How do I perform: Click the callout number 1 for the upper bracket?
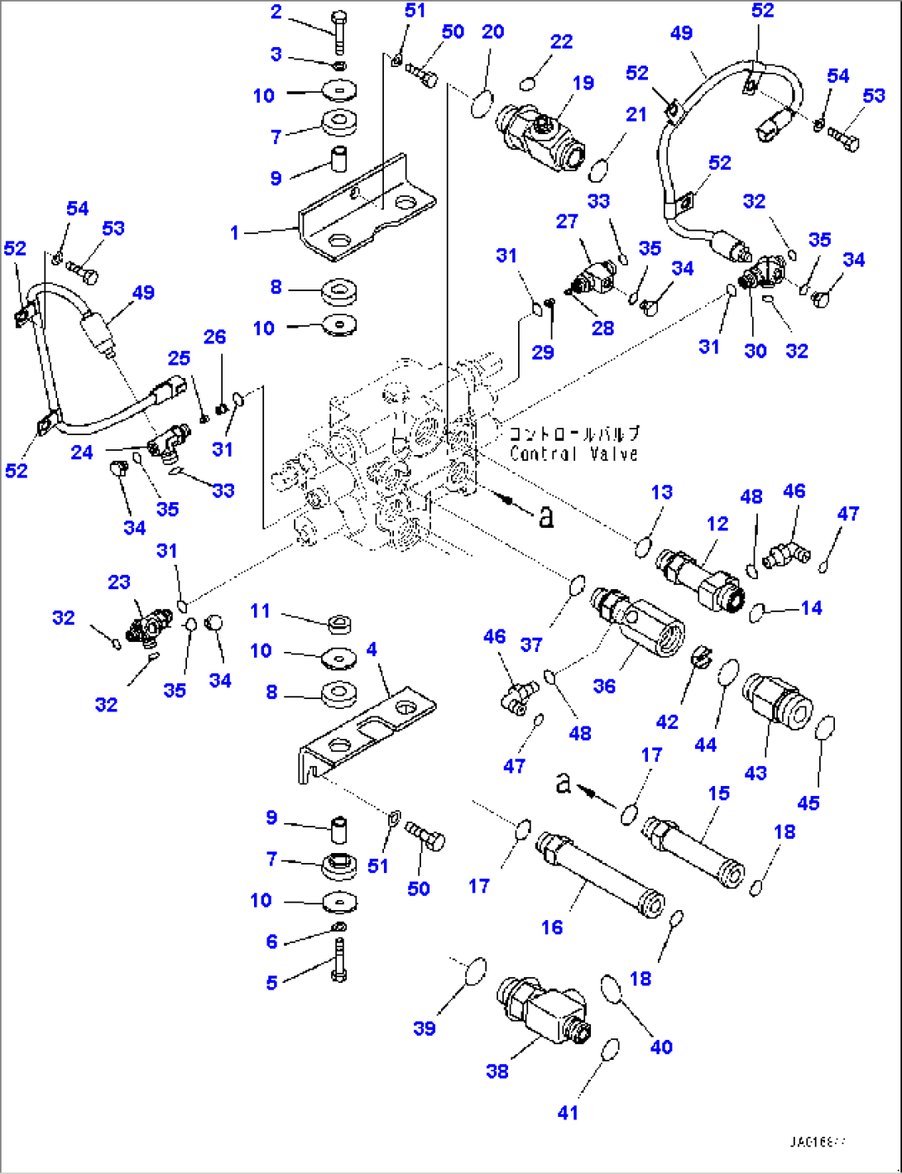coord(234,233)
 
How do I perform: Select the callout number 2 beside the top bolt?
coord(276,12)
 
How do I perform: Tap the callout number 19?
coord(583,83)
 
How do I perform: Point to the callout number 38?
coord(497,1071)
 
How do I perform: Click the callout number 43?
coord(756,773)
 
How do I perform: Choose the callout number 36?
coord(604,686)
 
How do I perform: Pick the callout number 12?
coord(717,524)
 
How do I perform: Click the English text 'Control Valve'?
coord(573,453)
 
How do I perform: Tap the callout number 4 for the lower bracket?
coord(372,649)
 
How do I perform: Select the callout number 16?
coord(552,927)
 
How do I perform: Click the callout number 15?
coord(718,793)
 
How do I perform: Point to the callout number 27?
coord(567,221)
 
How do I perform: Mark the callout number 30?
coord(755,351)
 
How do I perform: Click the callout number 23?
coord(119,582)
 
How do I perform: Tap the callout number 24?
coord(81,452)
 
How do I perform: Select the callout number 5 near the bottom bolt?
coord(271,983)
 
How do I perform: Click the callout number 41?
coord(568,1113)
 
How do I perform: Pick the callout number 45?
coord(808,803)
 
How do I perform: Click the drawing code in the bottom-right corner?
coord(818,1143)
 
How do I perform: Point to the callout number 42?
coord(667,721)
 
